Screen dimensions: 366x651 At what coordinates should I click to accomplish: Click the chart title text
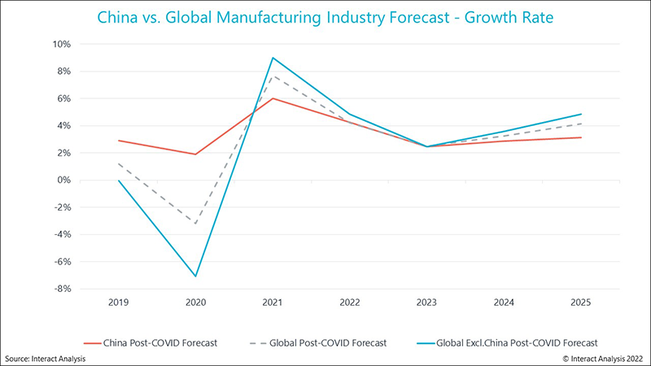[x=325, y=16]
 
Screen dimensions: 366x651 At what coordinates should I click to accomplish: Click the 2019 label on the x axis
[x=119, y=302]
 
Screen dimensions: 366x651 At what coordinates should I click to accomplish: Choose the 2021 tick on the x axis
[x=272, y=302]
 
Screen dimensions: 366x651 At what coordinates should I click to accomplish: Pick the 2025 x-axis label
[x=580, y=302]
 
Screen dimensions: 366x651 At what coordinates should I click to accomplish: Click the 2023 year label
[x=426, y=302]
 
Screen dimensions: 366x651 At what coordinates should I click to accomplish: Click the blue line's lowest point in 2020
[x=195, y=277]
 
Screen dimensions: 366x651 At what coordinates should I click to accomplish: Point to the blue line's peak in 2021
[x=273, y=58]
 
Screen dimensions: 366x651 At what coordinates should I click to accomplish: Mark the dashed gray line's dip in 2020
[x=195, y=223]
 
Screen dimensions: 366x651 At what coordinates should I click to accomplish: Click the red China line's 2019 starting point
[x=119, y=141]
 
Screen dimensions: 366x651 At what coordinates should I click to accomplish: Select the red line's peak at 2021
[x=273, y=98]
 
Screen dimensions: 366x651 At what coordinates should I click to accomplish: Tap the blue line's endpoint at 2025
[x=580, y=114]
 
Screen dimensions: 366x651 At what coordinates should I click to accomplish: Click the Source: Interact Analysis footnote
[x=45, y=357]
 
